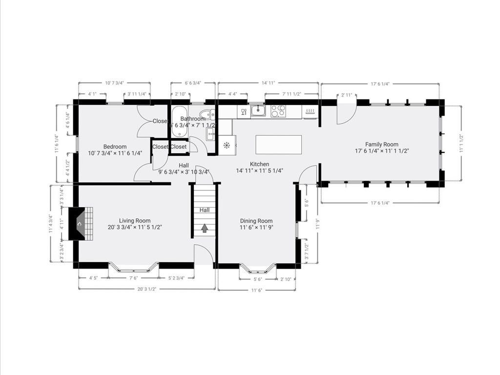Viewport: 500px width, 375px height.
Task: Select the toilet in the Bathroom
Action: (x=207, y=115)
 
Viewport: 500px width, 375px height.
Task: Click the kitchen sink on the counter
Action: (x=258, y=111)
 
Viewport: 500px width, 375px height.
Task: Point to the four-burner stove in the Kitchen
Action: (x=278, y=111)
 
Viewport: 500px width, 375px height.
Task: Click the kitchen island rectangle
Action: (x=278, y=145)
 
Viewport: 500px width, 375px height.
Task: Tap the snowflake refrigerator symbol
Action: (x=227, y=145)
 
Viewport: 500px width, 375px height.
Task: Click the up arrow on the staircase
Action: (x=204, y=227)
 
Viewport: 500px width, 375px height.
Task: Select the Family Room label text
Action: (x=381, y=144)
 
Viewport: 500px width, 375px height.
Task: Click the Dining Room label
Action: (x=256, y=221)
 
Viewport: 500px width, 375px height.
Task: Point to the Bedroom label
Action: (x=115, y=146)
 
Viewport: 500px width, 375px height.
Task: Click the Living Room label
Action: (x=134, y=220)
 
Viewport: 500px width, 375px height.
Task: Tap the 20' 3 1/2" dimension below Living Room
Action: (x=146, y=289)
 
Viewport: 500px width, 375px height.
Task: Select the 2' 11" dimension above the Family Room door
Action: (x=347, y=95)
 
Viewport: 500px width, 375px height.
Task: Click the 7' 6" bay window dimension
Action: (x=133, y=279)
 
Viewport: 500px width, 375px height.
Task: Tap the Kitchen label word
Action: (x=259, y=164)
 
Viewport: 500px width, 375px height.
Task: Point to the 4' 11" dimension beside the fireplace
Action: (x=62, y=227)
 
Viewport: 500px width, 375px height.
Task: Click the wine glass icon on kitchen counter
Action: (x=243, y=112)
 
